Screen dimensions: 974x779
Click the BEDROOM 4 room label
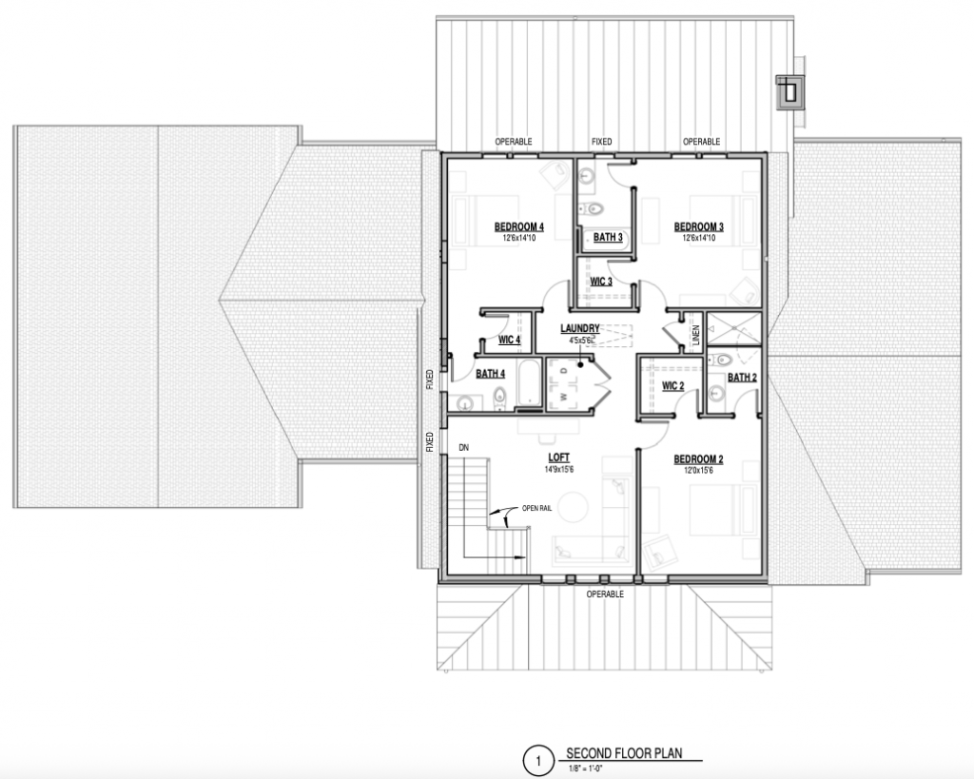pos(518,226)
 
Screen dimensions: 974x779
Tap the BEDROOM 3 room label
pos(699,226)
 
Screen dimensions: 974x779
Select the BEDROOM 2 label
pos(698,459)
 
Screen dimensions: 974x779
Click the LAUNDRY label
pos(580,328)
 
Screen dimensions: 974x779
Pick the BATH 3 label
pos(608,237)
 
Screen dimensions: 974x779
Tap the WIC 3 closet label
pos(601,282)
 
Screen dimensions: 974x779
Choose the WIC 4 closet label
pos(510,340)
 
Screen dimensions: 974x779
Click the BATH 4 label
pos(490,374)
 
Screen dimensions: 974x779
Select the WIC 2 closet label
pos(672,386)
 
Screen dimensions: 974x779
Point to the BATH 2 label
pos(742,378)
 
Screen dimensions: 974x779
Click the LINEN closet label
pos(695,335)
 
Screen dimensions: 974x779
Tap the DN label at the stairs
pos(464,447)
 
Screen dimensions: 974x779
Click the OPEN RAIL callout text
pos(536,508)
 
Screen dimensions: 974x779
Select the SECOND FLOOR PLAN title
pos(624,753)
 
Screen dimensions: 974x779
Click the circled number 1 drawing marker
pos(538,761)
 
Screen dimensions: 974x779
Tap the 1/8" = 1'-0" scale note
pos(585,769)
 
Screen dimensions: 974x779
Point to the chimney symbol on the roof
pos(790,92)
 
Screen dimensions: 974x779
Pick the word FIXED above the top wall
pos(601,142)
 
